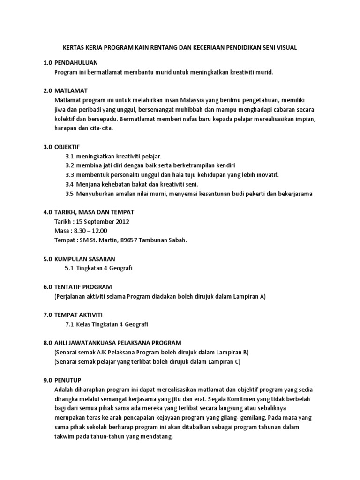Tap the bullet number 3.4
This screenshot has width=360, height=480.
click(x=70, y=184)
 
